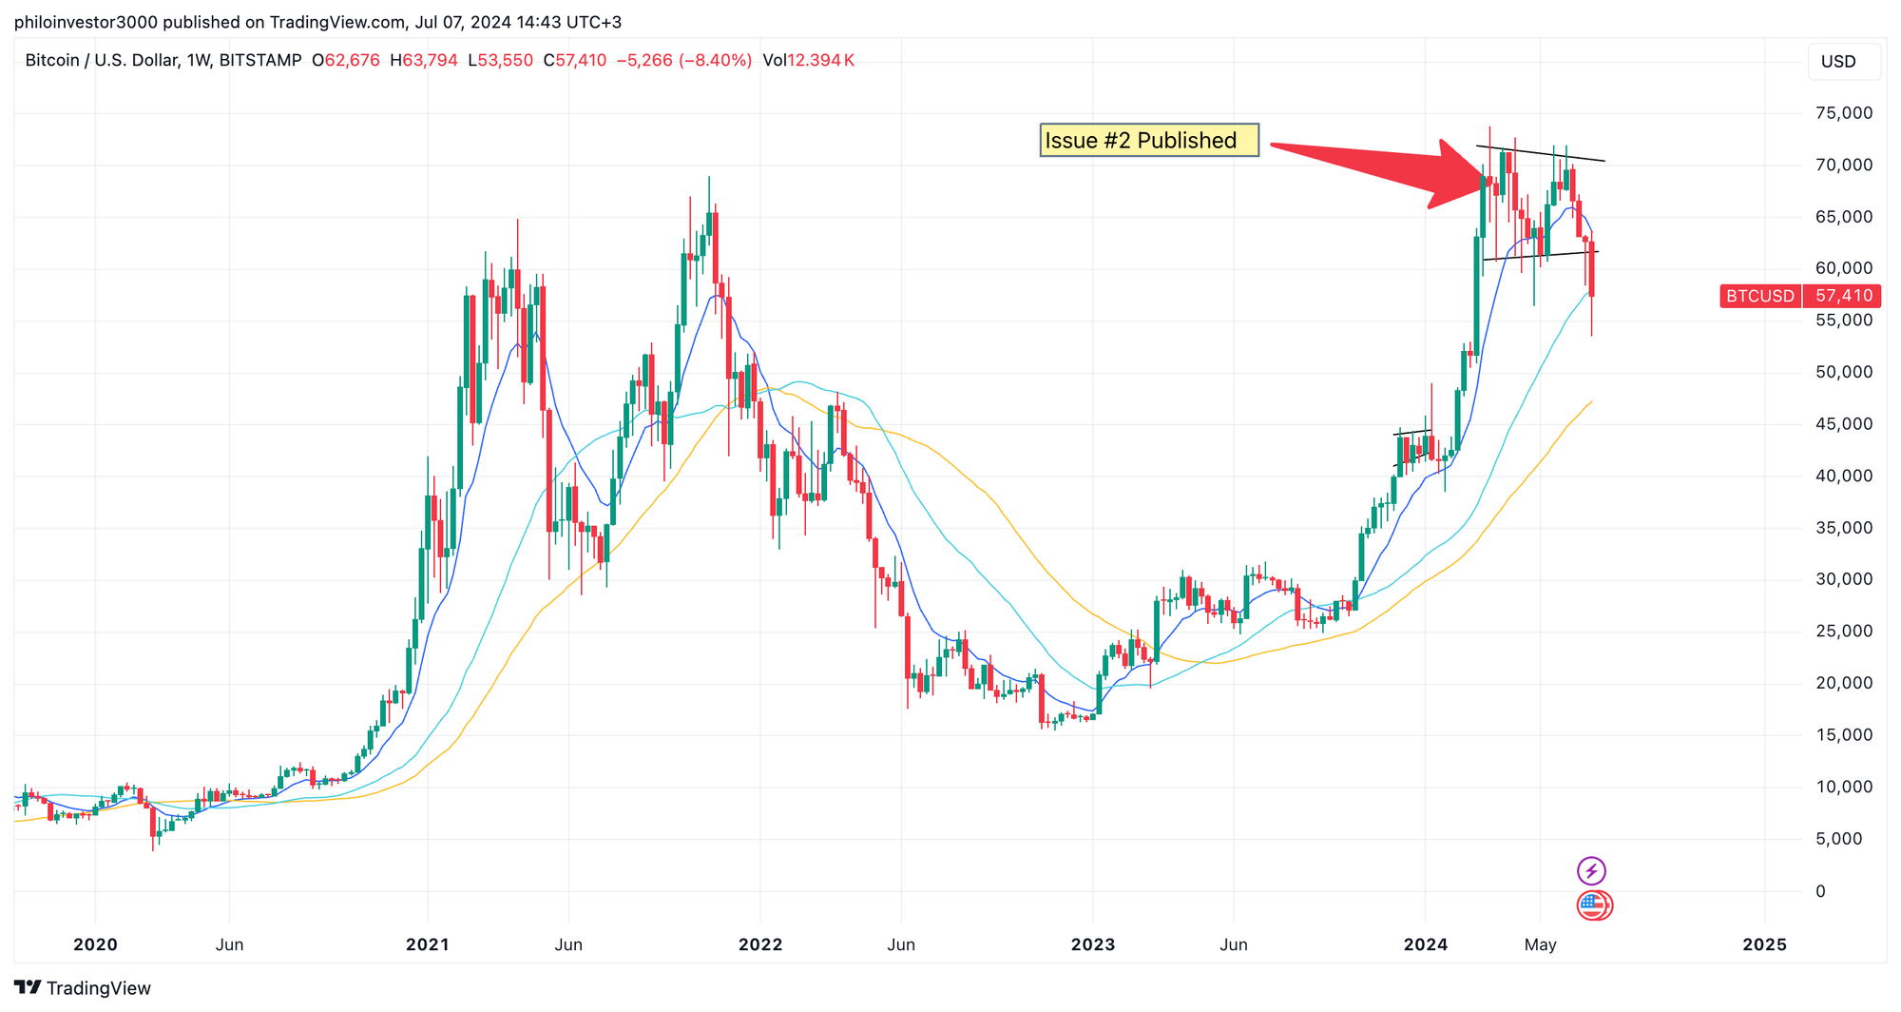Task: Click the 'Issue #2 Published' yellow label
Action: point(1148,141)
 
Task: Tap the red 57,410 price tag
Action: point(1843,296)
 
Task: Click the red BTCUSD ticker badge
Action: point(1759,296)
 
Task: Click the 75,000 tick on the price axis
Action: point(1843,113)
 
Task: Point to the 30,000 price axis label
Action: point(1843,579)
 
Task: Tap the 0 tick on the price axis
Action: point(1820,891)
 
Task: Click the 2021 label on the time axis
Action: point(427,944)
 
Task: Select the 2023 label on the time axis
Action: point(1092,944)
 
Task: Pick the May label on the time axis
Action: point(1540,944)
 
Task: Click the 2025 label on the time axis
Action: point(1764,944)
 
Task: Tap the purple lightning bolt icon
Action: point(1591,870)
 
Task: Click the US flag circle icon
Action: point(1593,905)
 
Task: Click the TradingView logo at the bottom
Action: point(83,988)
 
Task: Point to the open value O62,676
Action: point(345,61)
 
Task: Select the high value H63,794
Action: point(423,61)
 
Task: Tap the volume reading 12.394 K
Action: point(820,61)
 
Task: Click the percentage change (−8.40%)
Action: point(715,61)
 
